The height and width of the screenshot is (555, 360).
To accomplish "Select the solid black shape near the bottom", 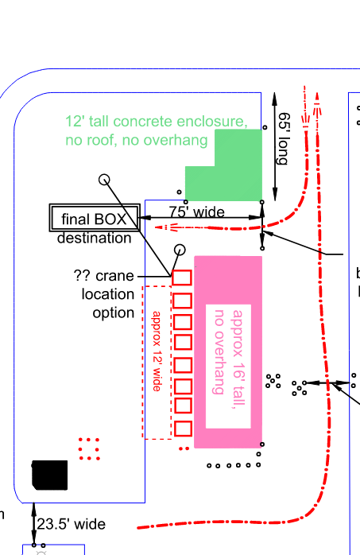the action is tap(49, 475).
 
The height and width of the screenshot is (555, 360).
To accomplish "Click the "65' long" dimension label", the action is tap(284, 138).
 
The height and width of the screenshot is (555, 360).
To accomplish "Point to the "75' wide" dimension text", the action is tap(196, 212).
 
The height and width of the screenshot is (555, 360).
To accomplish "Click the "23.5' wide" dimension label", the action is tap(71, 524).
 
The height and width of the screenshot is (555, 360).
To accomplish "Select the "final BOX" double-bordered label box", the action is tap(94, 218).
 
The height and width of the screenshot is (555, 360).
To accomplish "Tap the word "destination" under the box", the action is tap(95, 238).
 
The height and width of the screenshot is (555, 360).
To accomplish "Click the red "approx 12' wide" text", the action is tap(157, 351).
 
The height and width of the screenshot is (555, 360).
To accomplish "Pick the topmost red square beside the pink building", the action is tap(182, 277).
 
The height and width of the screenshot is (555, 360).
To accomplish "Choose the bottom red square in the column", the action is tap(183, 429).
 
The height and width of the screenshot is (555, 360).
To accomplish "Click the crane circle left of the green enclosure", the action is tap(104, 180).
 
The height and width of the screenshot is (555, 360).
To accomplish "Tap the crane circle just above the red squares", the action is tap(180, 250).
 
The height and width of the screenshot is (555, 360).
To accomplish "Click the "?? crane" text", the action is tap(103, 275).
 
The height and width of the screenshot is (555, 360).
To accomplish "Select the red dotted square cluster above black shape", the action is tap(89, 448).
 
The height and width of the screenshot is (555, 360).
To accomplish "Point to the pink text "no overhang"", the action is tap(219, 351).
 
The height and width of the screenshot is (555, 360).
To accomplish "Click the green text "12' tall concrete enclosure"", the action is tap(157, 122).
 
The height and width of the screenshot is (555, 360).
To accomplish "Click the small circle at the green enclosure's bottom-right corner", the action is tap(262, 202).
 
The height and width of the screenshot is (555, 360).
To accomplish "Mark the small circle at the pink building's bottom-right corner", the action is tap(262, 444).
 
